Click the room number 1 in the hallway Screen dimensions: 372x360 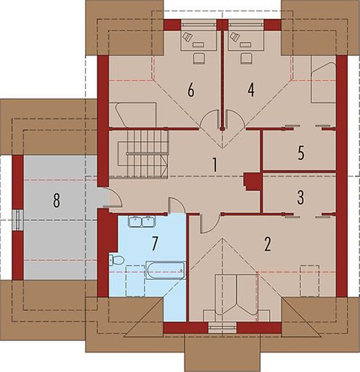(215, 164)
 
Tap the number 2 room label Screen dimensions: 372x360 (268, 243)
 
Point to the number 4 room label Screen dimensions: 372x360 (250, 90)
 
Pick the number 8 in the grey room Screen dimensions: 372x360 (55, 201)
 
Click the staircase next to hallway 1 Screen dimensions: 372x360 (143, 153)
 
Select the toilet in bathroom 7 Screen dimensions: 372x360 (117, 259)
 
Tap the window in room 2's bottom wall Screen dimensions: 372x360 (217, 328)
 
